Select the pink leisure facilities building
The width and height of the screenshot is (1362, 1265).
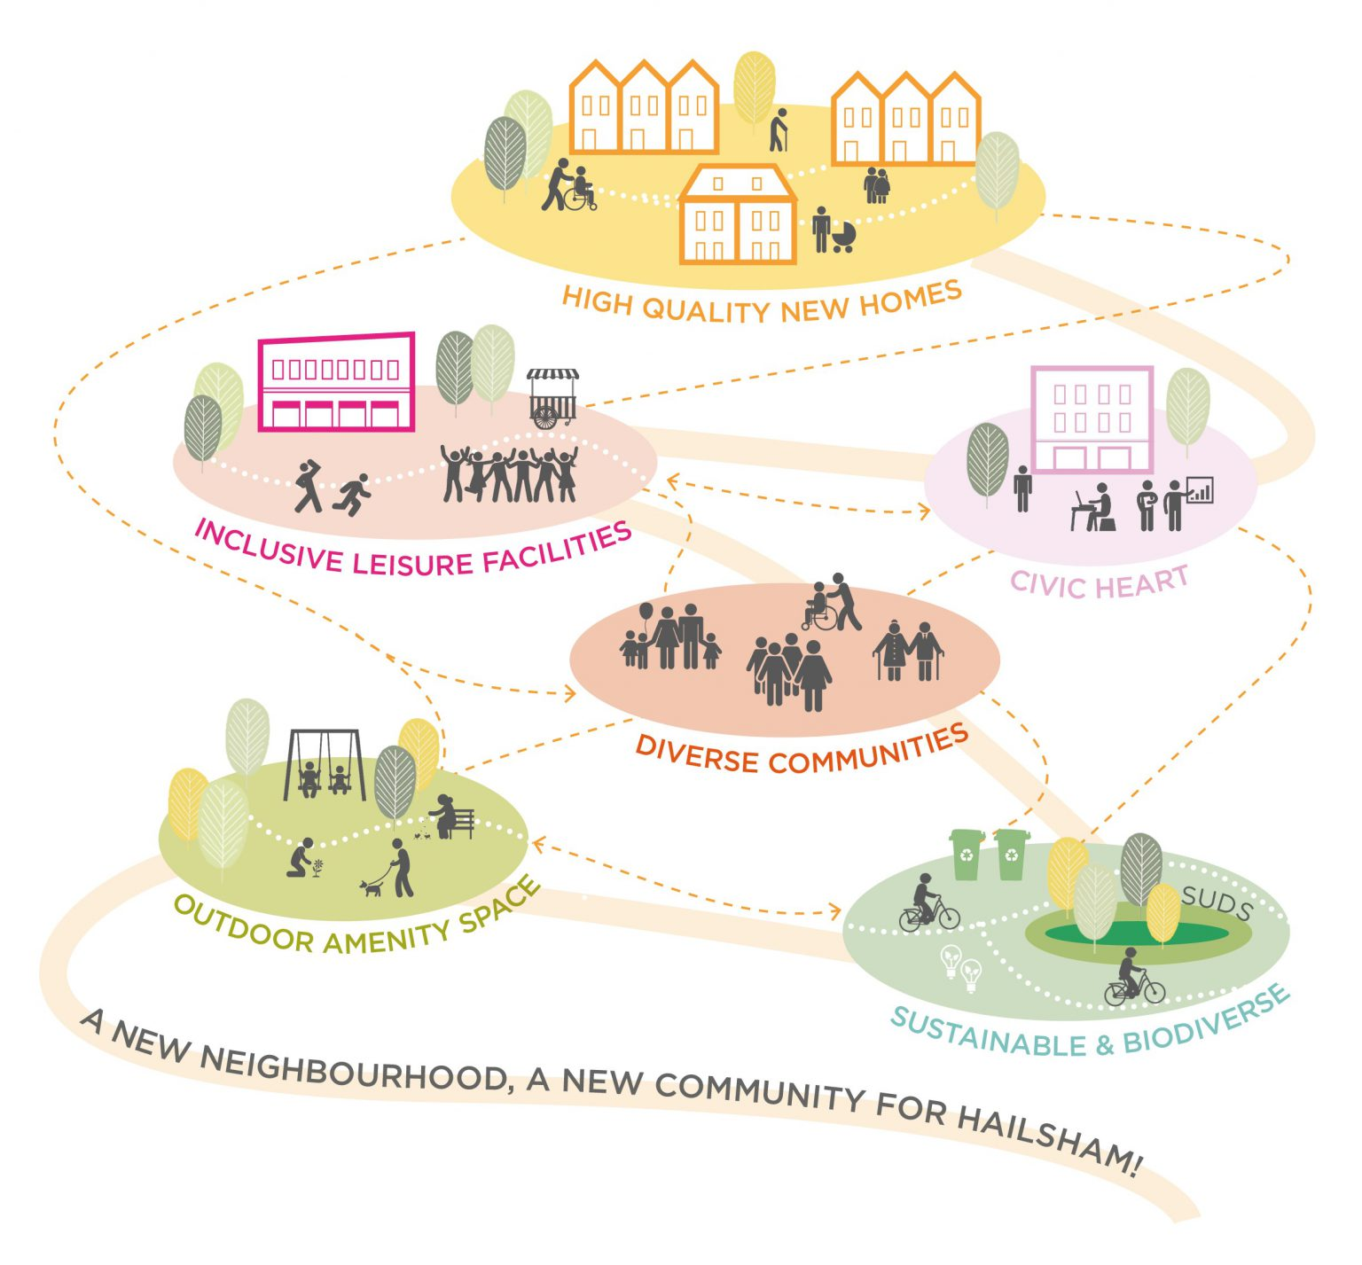click(x=337, y=383)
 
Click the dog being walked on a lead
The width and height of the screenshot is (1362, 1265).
click(x=371, y=886)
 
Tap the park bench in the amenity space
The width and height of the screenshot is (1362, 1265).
click(x=462, y=824)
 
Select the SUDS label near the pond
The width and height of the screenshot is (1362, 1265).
click(x=1217, y=902)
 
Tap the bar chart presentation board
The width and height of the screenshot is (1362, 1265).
click(x=1200, y=489)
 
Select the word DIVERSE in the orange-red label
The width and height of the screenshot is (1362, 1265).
click(x=697, y=755)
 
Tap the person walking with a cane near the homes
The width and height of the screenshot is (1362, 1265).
click(x=778, y=130)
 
